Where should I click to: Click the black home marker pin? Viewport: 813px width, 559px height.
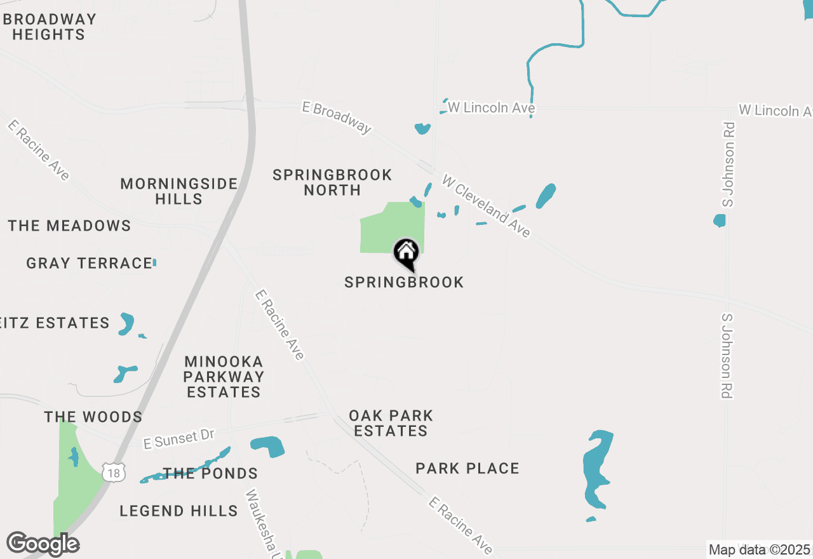(406, 253)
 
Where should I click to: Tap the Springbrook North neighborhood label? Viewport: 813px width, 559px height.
(332, 182)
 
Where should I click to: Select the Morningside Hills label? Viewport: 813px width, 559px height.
(179, 191)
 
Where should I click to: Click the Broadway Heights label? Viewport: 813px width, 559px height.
(49, 27)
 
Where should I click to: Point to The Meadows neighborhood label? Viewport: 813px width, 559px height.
(70, 226)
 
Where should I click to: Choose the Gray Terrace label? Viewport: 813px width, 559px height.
(89, 263)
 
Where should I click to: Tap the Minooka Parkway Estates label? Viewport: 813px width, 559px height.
(224, 377)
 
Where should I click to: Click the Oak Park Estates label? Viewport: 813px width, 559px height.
(391, 423)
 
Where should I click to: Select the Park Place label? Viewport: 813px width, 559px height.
(467, 469)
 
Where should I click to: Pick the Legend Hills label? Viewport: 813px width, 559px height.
(178, 511)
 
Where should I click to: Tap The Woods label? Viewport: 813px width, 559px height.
(93, 417)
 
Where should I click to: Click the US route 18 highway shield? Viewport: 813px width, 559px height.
(114, 472)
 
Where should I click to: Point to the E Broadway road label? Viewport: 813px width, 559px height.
(337, 118)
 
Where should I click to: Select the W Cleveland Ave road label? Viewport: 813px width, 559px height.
(487, 206)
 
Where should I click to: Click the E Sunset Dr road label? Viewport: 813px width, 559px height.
(179, 439)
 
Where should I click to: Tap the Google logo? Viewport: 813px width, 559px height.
(43, 544)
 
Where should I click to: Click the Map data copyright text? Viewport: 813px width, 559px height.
(760, 549)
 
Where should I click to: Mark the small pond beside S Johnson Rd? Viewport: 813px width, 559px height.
(719, 220)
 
